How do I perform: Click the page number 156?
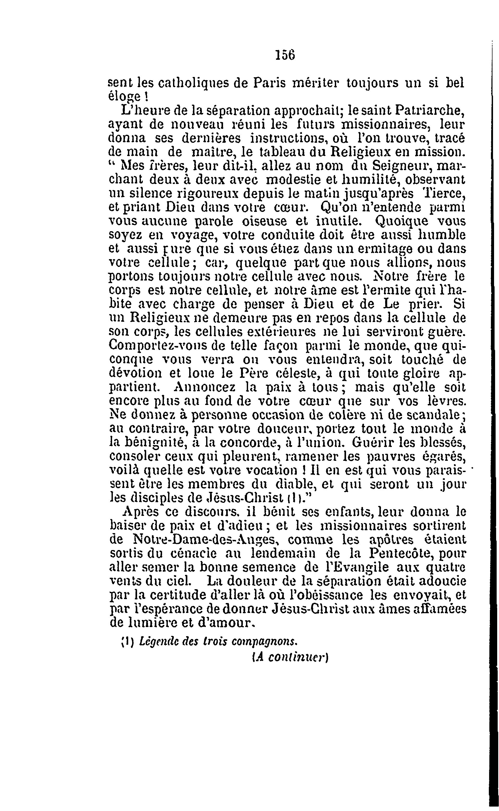tap(285, 55)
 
